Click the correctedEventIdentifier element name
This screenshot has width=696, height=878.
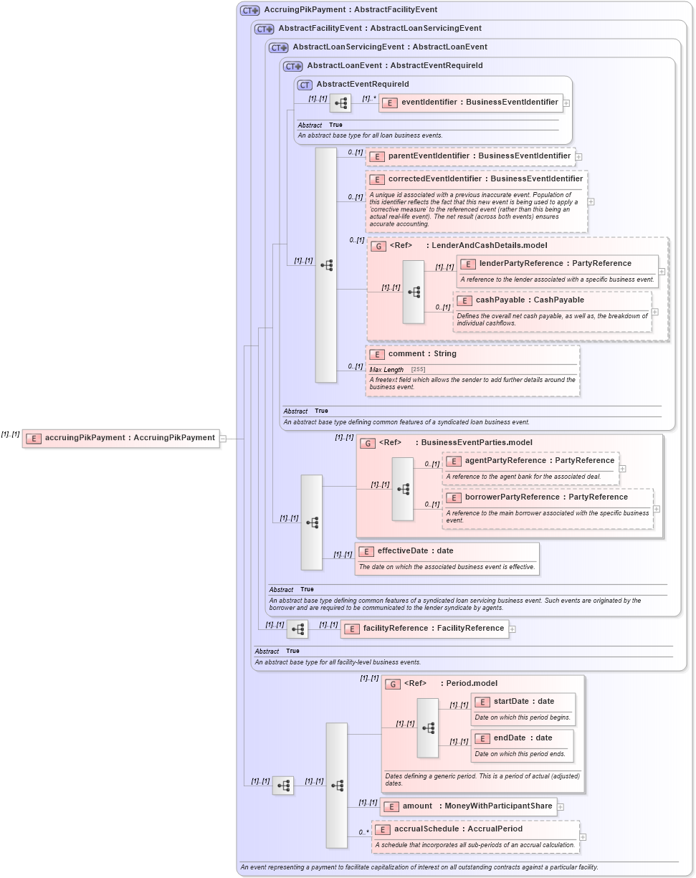pyautogui.click(x=485, y=179)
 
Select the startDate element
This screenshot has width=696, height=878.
pyautogui.click(x=514, y=702)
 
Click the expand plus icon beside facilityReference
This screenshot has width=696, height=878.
pyautogui.click(x=513, y=629)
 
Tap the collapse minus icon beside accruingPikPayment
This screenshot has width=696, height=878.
pyautogui.click(x=224, y=439)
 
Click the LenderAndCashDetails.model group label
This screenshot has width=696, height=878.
pyautogui.click(x=489, y=246)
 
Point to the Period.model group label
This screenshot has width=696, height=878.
pyautogui.click(x=471, y=684)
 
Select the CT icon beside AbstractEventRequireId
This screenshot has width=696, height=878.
pyautogui.click(x=305, y=85)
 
